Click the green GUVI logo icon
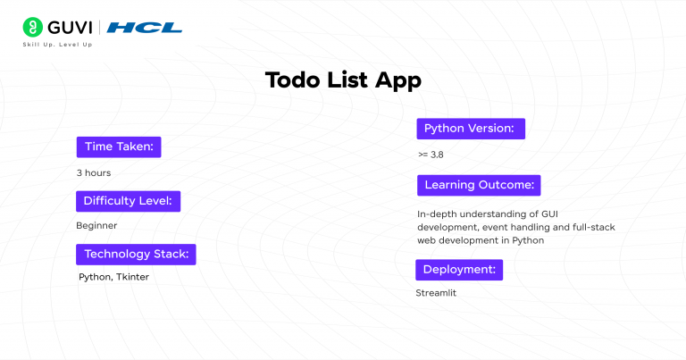(x=33, y=27)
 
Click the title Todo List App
(x=343, y=80)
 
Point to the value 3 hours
(x=93, y=172)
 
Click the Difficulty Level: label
(x=128, y=200)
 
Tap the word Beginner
(x=96, y=225)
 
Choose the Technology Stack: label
(x=136, y=254)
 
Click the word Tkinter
(x=132, y=277)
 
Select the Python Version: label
(x=469, y=129)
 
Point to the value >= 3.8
(x=430, y=155)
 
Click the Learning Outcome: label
(x=479, y=185)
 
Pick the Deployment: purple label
(x=459, y=269)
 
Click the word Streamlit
(x=436, y=292)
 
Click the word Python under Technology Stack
(x=94, y=277)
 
